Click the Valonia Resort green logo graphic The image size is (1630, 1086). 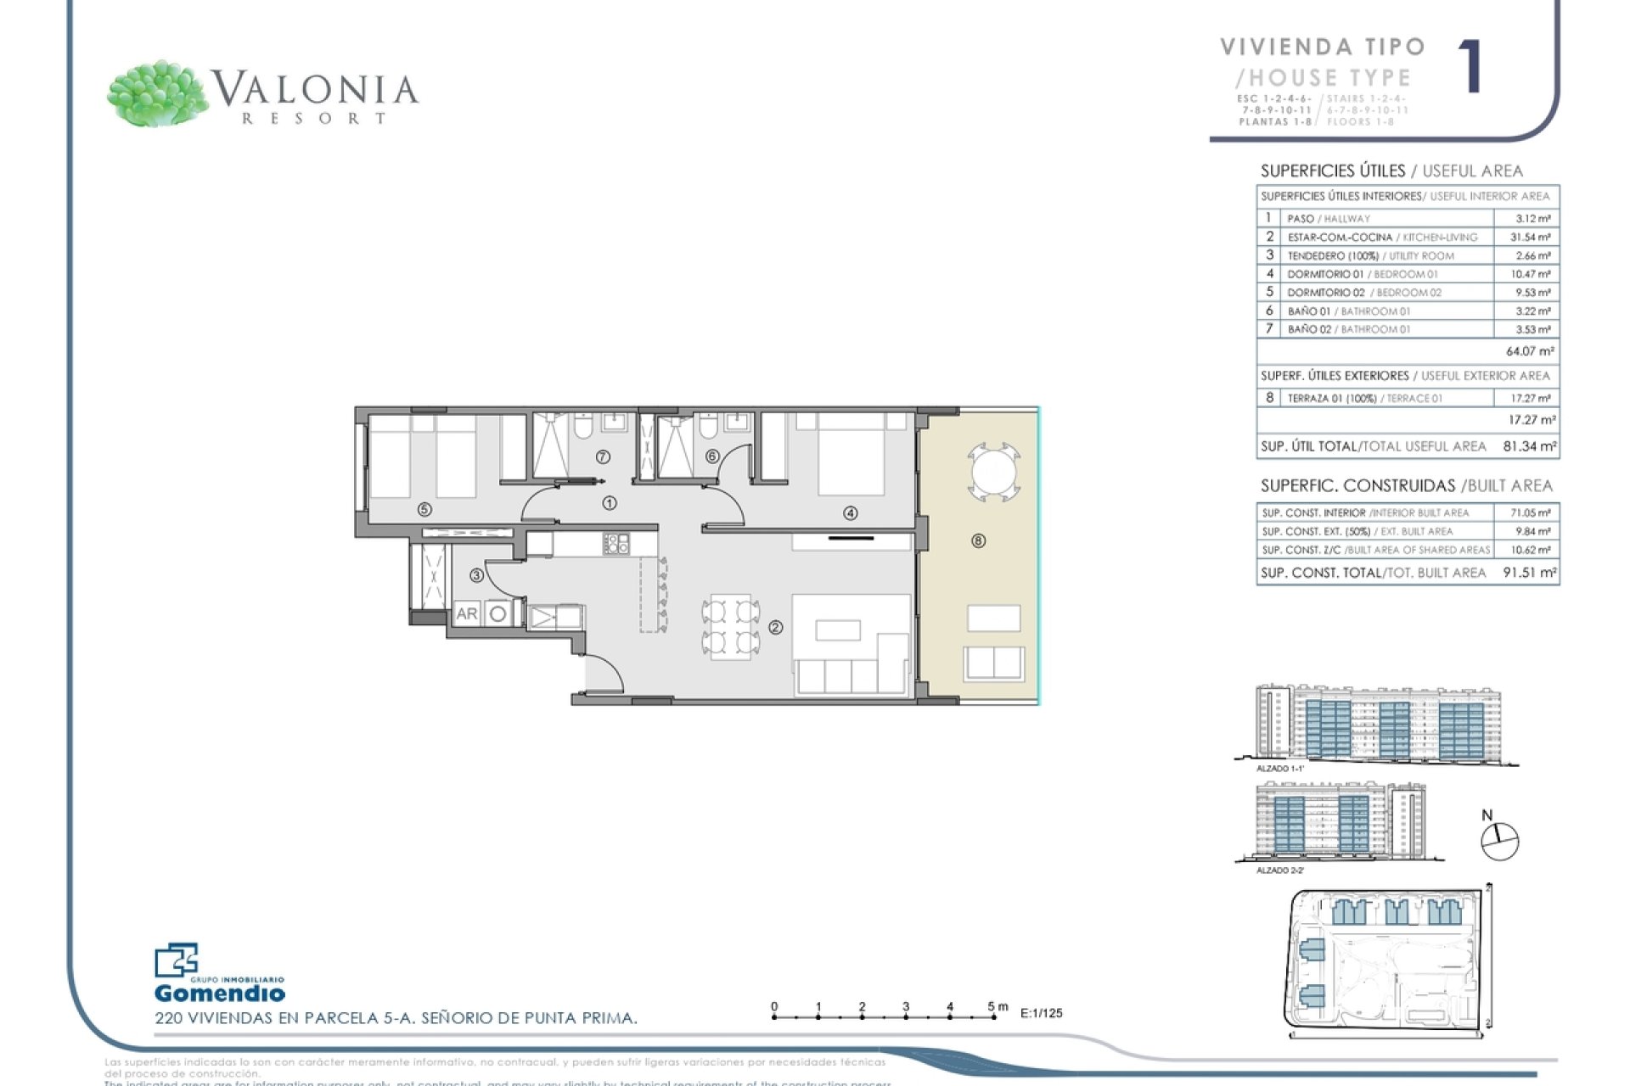pos(158,94)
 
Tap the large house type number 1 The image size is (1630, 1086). pos(1470,67)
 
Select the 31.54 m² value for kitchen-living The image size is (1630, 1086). pos(1530,238)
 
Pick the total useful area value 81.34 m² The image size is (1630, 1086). pos(1529,446)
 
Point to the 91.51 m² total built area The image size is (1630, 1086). pos(1529,573)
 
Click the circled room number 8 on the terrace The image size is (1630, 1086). pos(978,541)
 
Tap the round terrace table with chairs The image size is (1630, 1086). pos(993,470)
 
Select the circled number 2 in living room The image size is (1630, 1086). pos(775,628)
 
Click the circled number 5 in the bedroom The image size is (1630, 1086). pos(424,510)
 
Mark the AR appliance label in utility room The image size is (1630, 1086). pos(467,613)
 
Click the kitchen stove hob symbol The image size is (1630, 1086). pos(615,544)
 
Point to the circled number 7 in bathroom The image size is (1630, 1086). pos(603,457)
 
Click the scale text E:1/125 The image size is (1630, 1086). pos(1041,1013)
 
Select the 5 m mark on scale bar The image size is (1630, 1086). pos(992,1007)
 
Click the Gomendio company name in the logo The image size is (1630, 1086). pos(219,993)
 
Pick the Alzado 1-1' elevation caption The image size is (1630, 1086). pos(1280,769)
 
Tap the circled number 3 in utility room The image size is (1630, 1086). pos(476,575)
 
